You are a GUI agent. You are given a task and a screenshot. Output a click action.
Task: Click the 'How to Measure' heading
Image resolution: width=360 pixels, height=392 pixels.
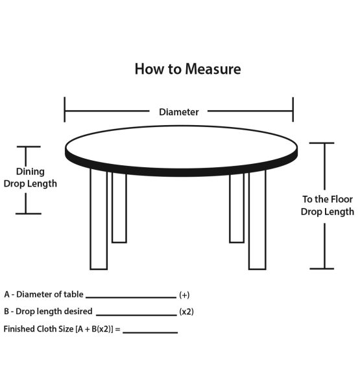187,69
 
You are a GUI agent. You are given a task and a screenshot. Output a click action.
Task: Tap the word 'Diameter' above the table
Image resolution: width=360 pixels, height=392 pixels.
179,111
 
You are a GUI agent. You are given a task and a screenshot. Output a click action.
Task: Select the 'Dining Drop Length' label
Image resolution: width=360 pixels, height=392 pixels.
30,178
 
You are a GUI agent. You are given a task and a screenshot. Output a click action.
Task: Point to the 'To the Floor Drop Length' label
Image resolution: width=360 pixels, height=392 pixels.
328,205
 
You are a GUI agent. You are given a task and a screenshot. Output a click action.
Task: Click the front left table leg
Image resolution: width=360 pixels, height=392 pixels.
99,219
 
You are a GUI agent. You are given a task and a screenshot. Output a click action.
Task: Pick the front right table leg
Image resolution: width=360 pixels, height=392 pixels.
257,220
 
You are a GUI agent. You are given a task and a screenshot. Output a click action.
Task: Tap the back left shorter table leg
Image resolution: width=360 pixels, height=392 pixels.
119,207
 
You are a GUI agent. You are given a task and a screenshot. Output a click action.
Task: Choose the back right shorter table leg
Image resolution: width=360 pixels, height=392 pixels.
237,208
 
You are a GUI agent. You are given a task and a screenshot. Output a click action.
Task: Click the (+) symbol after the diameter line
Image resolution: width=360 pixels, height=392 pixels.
184,295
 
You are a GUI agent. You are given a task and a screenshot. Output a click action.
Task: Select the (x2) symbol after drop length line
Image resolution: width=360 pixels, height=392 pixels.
187,312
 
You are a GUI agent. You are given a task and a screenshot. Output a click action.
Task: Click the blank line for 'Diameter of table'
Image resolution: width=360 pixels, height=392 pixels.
131,297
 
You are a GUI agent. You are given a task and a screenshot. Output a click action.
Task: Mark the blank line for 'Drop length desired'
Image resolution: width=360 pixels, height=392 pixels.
136,315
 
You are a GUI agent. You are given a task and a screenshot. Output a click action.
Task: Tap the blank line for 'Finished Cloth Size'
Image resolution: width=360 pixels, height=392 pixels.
150,332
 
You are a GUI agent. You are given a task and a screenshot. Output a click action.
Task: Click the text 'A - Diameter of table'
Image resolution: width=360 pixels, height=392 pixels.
43,294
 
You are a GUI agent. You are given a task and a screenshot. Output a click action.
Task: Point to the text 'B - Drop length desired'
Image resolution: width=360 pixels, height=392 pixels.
48,312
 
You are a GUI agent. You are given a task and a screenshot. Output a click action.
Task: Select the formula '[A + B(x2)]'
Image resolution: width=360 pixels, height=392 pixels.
94,329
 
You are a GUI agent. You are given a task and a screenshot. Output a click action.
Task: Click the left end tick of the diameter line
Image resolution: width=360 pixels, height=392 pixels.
65,110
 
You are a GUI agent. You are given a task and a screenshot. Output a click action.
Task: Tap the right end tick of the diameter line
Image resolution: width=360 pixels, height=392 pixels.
293,110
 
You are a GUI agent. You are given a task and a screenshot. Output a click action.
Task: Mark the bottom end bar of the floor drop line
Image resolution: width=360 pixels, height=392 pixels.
322,268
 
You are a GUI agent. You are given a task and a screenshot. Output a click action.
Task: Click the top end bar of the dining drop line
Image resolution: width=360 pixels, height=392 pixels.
29,146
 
